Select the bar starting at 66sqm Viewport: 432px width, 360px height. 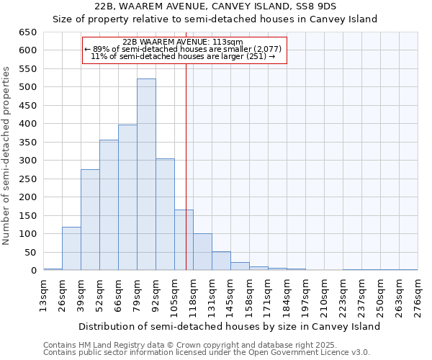tap(127, 197)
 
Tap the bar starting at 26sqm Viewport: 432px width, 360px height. tap(71, 248)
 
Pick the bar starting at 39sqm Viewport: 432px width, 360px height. tap(90, 220)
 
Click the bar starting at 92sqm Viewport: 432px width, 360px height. tap(165, 215)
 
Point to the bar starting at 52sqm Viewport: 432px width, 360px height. tap(109, 205)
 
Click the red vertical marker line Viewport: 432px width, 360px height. tap(186, 166)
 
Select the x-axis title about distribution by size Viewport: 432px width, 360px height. tap(229, 326)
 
